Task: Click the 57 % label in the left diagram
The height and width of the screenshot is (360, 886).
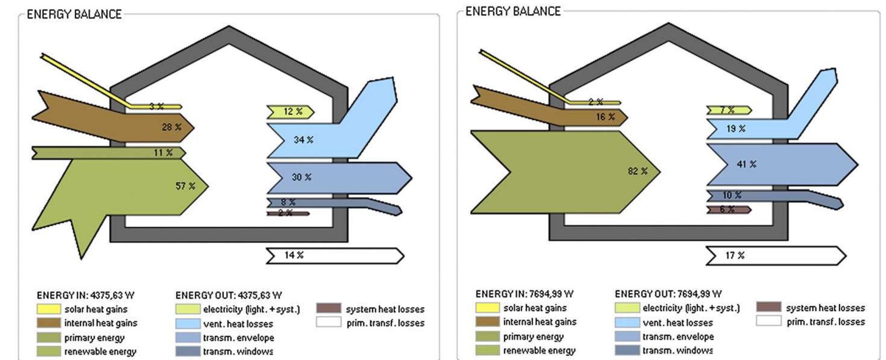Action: (185, 186)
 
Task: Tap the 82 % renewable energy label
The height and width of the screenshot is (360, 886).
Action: (638, 171)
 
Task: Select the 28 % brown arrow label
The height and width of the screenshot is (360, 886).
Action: (172, 127)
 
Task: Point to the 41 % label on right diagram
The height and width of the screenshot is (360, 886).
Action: (746, 164)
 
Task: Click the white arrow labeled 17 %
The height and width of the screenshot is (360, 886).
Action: (775, 256)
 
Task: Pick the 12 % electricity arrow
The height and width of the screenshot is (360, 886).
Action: (290, 112)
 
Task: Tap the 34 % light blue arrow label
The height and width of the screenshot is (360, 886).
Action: (303, 140)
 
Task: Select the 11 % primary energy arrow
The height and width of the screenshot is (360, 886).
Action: (108, 153)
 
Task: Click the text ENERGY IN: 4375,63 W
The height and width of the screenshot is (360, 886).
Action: (86, 295)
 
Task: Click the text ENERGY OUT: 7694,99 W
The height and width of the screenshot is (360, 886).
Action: (668, 294)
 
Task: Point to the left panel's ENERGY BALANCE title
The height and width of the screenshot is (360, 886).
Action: (74, 14)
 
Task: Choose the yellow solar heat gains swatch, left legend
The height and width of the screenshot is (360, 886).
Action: (49, 309)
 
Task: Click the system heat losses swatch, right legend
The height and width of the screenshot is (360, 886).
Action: (768, 307)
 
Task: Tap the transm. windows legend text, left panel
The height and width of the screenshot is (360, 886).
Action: (238, 352)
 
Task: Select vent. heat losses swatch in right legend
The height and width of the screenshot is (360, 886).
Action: (627, 322)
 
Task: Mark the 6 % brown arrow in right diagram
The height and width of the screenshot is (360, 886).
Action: (728, 209)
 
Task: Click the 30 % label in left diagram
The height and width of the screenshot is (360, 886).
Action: (301, 177)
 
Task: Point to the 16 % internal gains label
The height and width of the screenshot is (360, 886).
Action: (605, 117)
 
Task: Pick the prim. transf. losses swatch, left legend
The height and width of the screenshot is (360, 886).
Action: (328, 322)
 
